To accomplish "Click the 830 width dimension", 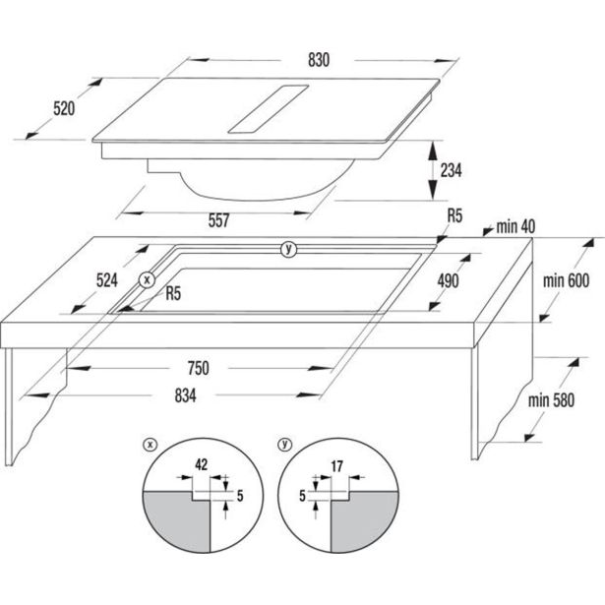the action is coord(319,60).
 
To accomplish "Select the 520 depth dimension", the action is coord(64,108).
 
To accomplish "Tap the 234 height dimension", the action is coord(451,170).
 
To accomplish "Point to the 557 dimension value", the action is coord(218,220).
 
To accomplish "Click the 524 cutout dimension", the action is coord(107,280).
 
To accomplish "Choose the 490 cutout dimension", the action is coord(448,281).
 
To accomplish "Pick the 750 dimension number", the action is coord(199,368).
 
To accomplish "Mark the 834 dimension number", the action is coord(185,395).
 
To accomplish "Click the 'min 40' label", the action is coord(515,227).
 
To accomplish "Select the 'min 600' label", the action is coord(566,280).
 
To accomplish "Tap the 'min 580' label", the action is coord(551,400).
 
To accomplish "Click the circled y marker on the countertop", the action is coord(288,249).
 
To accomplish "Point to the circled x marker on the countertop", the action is coord(147,279).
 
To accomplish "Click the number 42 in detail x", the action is coord(201,464).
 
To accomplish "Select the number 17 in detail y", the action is coord(336,466).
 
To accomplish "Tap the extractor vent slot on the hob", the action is coord(269,109).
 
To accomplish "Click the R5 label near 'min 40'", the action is coord(454,216).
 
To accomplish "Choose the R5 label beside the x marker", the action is coord(173,293).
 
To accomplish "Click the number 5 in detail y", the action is coord(302,496).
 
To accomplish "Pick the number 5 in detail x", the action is coord(240,496).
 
